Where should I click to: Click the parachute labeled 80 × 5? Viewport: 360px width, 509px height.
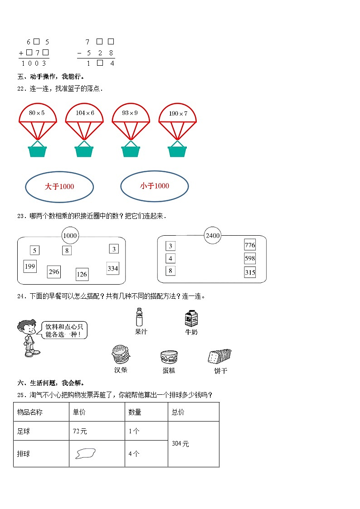click(x=38, y=114)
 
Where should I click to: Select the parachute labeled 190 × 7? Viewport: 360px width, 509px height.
click(x=177, y=114)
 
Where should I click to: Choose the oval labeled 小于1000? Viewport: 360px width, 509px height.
click(x=154, y=186)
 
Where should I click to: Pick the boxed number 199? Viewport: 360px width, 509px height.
click(x=30, y=266)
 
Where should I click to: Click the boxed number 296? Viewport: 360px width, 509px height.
click(x=54, y=272)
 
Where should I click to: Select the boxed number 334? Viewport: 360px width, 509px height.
click(x=112, y=268)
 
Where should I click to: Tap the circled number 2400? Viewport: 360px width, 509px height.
click(x=212, y=236)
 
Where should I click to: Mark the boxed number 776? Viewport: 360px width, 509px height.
click(x=250, y=245)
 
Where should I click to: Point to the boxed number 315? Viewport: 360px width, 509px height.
click(x=250, y=272)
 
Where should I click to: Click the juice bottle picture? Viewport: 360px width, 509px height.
click(x=140, y=317)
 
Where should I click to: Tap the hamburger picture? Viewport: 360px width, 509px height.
click(x=121, y=354)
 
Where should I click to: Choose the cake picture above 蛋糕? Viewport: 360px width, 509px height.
click(x=168, y=357)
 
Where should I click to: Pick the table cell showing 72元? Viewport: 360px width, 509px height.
click(x=97, y=431)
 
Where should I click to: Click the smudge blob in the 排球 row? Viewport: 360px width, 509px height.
click(x=85, y=453)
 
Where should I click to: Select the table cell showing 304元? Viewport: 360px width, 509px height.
click(x=193, y=444)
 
